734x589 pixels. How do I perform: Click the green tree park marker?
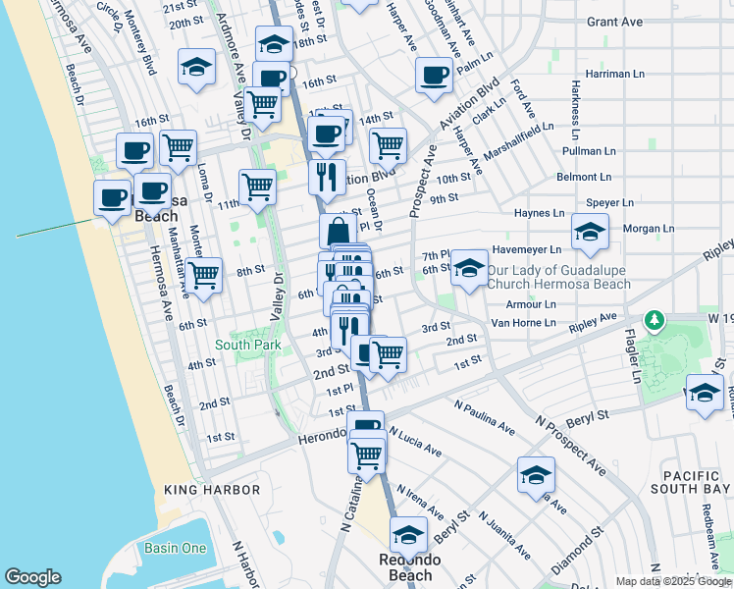coord(654,321)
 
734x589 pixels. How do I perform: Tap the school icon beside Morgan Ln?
coord(590,233)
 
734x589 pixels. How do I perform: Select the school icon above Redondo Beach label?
coord(408,536)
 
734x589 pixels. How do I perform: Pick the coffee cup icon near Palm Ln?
coord(433,76)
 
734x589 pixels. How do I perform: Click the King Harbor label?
coord(212,490)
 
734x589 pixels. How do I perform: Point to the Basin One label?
coord(175,548)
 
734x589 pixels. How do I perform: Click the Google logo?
coord(32,577)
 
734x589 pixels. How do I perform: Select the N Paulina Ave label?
coord(485,417)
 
